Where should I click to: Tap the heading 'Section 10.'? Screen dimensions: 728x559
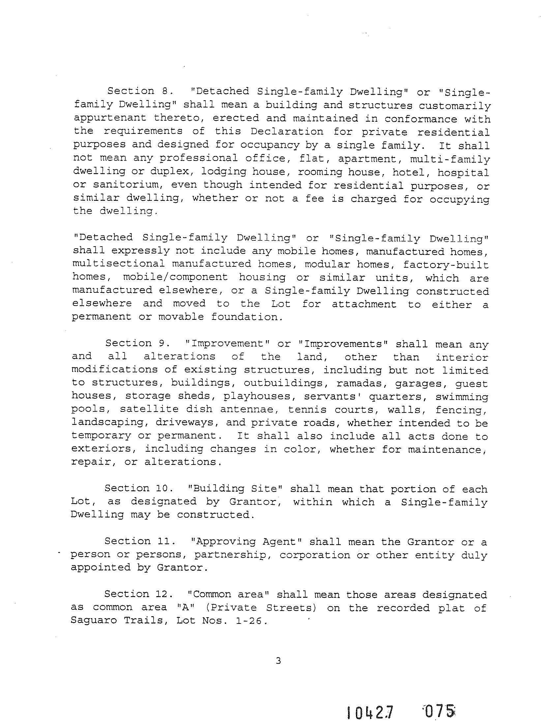139,488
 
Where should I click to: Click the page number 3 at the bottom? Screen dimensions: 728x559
279,661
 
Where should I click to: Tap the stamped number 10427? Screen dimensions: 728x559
370,712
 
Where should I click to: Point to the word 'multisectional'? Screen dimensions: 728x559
118,264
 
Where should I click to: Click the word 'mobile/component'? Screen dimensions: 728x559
175,277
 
